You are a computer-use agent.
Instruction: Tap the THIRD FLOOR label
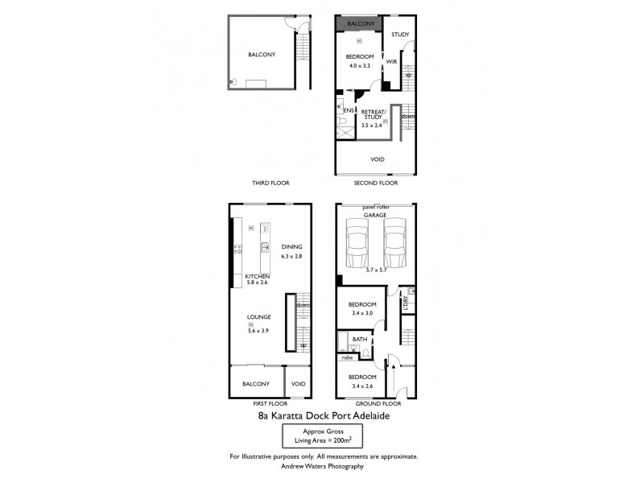click(x=270, y=183)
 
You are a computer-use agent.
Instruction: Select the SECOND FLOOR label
click(x=376, y=183)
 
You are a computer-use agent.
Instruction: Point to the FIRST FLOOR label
click(x=270, y=402)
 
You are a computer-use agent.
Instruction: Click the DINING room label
click(x=291, y=247)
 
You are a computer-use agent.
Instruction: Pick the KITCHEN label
click(x=257, y=276)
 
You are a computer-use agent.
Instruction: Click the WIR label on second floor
click(x=392, y=61)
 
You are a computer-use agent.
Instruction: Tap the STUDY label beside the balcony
click(x=400, y=35)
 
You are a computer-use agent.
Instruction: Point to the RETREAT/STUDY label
click(x=374, y=114)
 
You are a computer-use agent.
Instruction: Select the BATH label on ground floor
click(x=359, y=340)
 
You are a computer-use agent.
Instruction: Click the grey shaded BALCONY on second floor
click(x=361, y=24)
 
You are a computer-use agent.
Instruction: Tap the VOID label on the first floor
click(x=299, y=384)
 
